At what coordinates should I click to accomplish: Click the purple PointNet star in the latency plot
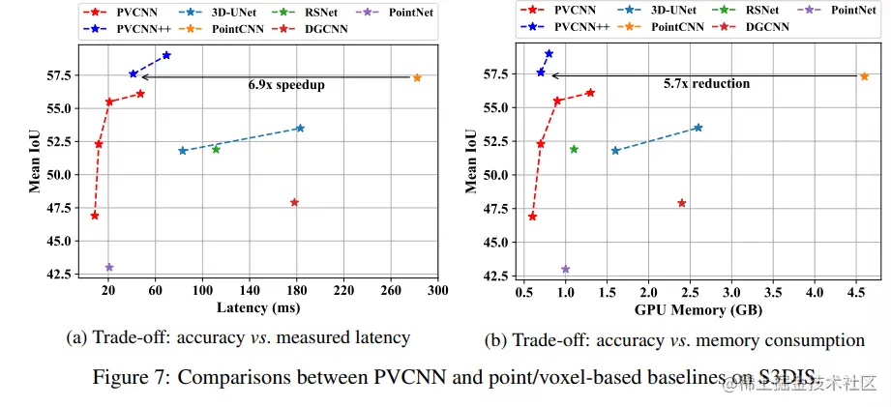click(109, 267)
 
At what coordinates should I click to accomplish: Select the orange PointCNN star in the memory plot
click(864, 75)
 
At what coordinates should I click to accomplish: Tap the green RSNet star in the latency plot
click(216, 149)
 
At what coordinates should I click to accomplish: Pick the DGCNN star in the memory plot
click(682, 203)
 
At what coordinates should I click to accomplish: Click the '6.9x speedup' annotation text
click(286, 85)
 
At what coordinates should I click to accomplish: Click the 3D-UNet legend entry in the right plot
click(672, 9)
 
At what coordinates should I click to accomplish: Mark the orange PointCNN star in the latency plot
click(417, 77)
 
